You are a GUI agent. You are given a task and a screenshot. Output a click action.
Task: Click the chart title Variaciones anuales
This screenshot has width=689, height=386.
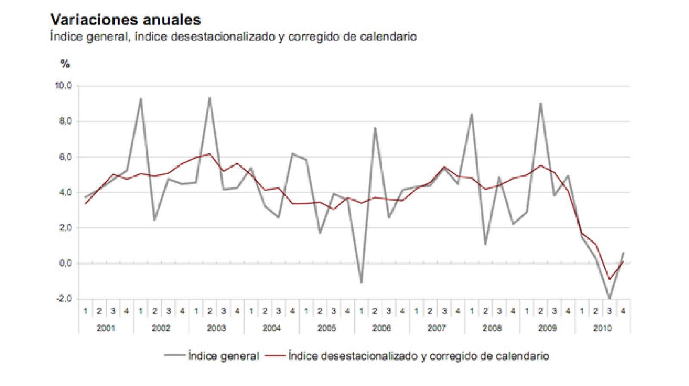point(125,20)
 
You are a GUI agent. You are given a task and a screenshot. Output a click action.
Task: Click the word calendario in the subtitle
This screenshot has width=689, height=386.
point(389,37)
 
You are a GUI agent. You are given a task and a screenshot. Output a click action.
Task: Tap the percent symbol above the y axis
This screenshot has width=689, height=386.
point(65,64)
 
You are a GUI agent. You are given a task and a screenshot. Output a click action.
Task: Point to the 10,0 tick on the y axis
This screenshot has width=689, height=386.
point(63,86)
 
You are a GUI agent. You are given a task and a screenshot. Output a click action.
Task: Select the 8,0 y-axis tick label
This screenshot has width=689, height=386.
point(65,121)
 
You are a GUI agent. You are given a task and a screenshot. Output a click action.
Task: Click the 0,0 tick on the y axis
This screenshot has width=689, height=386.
point(65,263)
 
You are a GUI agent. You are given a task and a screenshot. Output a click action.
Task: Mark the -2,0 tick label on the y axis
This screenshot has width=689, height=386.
point(64,299)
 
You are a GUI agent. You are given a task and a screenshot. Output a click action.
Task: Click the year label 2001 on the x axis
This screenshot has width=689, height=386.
point(106,328)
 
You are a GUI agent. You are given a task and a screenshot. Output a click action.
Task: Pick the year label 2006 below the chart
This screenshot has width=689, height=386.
point(382,328)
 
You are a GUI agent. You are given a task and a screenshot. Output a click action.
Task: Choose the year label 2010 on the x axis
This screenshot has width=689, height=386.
point(602,328)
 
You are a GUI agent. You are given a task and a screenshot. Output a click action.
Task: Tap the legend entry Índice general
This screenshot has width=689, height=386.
point(223,356)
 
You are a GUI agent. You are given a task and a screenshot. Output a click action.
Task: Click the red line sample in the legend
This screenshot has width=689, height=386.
point(276,356)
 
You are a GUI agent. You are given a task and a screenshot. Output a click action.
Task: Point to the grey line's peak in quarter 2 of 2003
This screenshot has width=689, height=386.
point(210,98)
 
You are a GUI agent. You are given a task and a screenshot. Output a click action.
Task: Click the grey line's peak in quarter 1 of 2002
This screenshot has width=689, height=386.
point(141,99)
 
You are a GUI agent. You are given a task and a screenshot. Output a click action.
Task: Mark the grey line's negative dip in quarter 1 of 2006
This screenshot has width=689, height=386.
point(361,283)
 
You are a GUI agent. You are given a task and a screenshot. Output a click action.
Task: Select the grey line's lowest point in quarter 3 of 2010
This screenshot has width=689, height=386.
point(609,298)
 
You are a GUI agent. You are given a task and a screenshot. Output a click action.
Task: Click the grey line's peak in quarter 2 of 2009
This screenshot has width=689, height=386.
point(540,103)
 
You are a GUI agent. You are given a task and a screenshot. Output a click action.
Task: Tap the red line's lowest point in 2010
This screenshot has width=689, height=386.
point(609,279)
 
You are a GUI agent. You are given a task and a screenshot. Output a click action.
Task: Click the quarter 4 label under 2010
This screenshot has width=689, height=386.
point(623,311)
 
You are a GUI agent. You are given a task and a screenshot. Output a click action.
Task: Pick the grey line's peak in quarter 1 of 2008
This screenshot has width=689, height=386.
point(472,115)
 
